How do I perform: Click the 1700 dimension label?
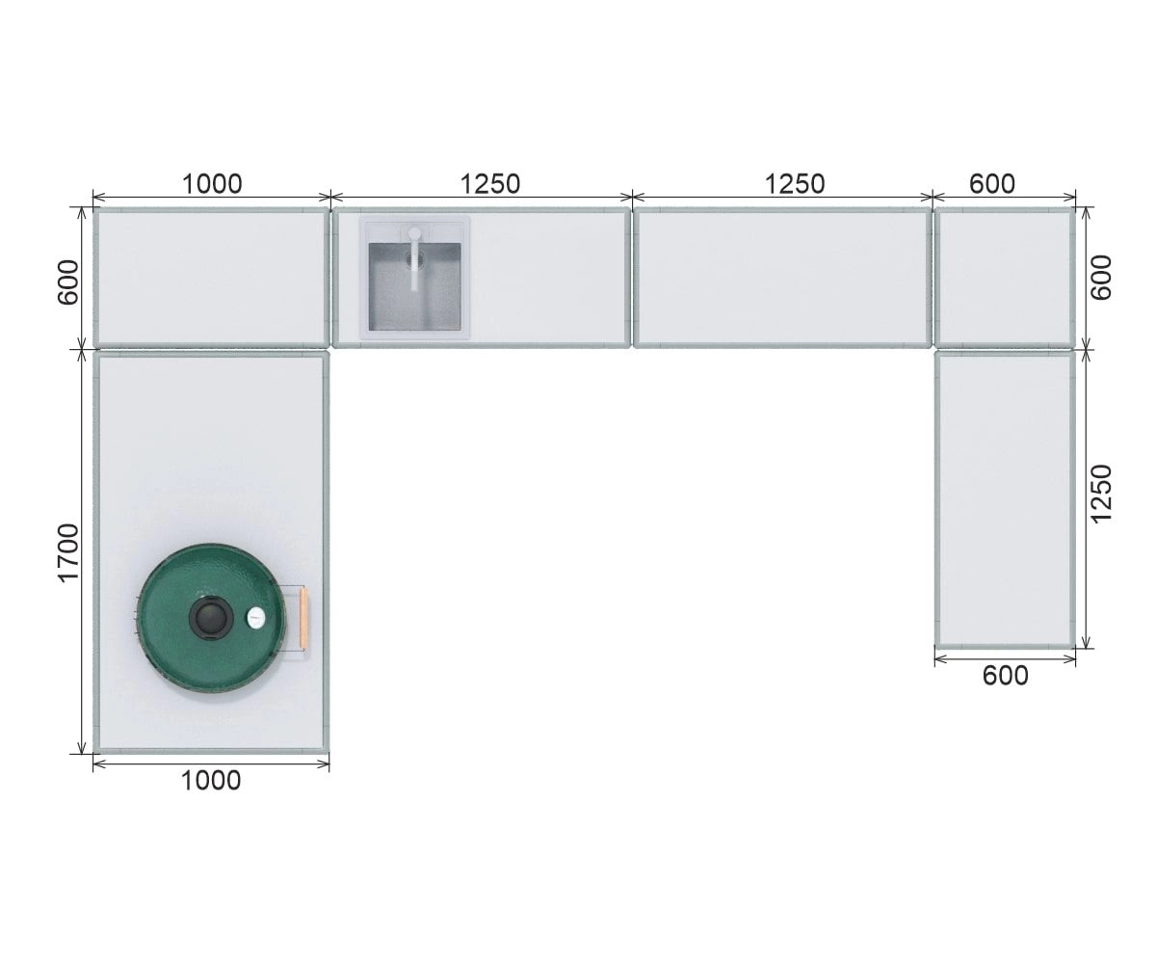pyautogui.click(x=69, y=552)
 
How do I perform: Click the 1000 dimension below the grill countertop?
pyautogui.click(x=211, y=781)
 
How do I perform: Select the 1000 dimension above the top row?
pyautogui.click(x=212, y=184)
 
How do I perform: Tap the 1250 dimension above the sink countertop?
pyautogui.click(x=490, y=184)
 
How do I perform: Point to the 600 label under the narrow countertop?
pyautogui.click(x=1006, y=676)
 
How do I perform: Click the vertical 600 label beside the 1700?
pyautogui.click(x=69, y=282)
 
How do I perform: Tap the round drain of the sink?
pyautogui.click(x=412, y=256)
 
